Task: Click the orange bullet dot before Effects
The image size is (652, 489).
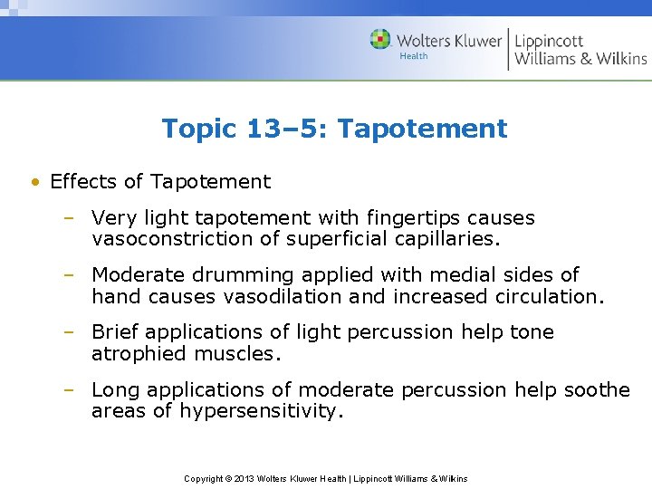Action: (x=34, y=182)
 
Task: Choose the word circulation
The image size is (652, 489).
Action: (x=549, y=296)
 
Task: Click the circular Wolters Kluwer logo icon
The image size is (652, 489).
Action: (x=380, y=39)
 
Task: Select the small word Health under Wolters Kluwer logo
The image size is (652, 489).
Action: (x=414, y=56)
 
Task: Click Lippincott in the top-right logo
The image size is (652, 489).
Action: (x=549, y=41)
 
